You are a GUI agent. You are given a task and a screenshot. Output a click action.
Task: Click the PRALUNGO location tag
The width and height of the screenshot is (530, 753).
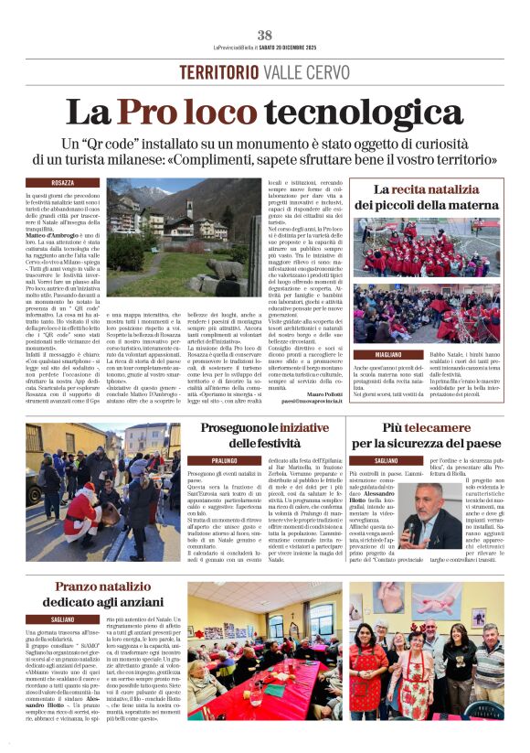pyautogui.click(x=225, y=461)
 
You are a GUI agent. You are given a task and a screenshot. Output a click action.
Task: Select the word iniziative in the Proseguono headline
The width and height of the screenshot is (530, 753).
pyautogui.click(x=279, y=427)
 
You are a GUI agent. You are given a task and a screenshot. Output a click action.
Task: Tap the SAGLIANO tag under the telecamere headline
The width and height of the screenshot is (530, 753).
pyautogui.click(x=387, y=461)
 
